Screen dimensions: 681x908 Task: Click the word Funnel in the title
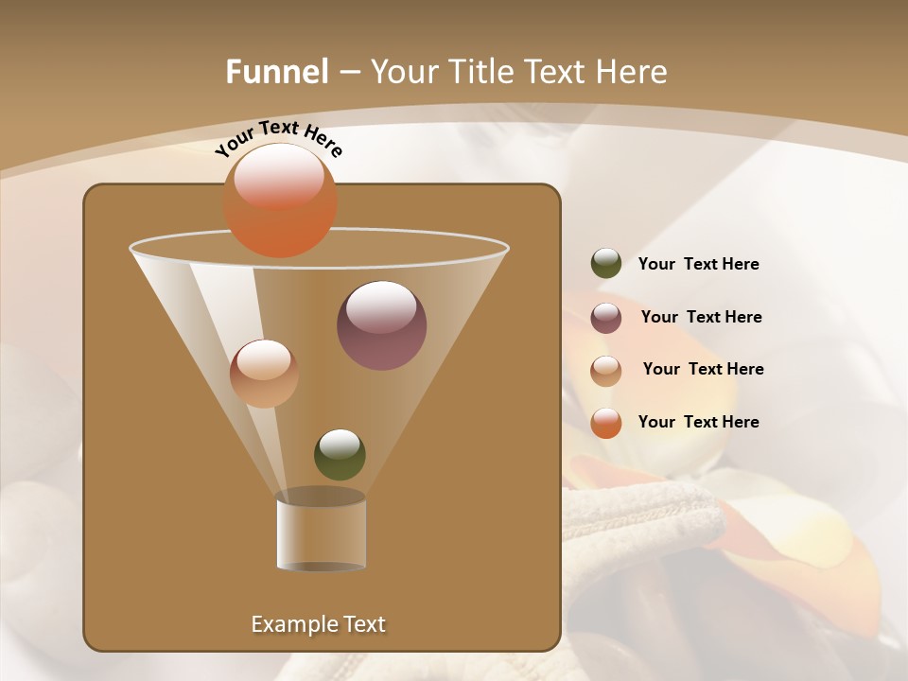pos(277,72)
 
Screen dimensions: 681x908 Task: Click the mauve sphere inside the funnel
pos(381,325)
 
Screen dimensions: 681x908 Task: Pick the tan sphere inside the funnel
pos(264,374)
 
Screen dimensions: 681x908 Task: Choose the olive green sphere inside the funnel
pos(340,455)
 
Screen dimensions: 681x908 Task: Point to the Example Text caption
pos(318,624)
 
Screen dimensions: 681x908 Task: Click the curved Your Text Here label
pos(278,138)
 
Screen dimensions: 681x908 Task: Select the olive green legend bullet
pos(606,264)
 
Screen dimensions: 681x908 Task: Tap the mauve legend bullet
pos(606,318)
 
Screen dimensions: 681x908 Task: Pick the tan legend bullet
pos(606,371)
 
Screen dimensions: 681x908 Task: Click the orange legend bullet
pos(606,423)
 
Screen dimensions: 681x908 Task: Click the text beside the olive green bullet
pos(698,265)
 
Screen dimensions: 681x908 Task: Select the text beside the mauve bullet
pos(701,318)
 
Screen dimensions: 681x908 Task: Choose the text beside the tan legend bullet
pos(703,370)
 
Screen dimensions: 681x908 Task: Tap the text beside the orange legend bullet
pos(698,422)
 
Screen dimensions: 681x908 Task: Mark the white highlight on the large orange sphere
pos(279,176)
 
